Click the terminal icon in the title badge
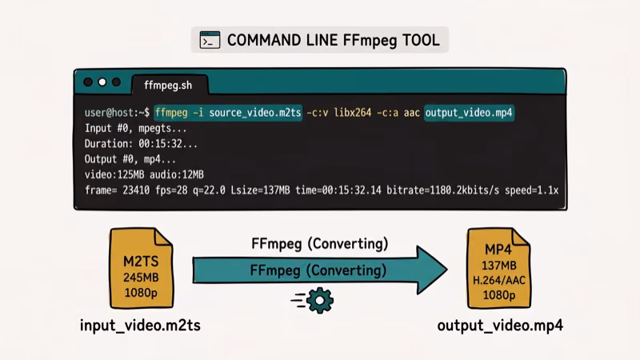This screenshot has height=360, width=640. [210, 40]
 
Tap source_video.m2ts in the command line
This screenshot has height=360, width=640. [255, 113]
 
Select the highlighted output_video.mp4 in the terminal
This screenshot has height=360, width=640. [468, 113]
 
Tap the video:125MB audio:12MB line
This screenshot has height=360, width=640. [144, 174]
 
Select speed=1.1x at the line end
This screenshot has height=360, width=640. [531, 190]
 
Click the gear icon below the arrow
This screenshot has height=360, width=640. [321, 300]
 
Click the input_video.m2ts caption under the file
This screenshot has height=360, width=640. [140, 326]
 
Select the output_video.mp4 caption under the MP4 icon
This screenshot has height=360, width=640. [500, 326]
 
